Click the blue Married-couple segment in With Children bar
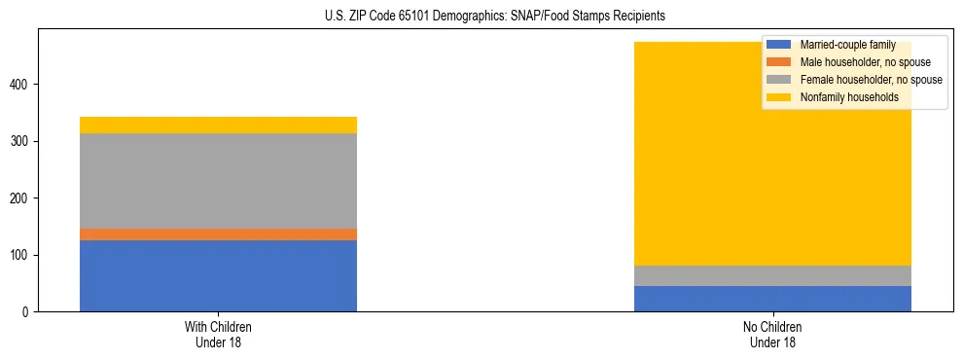[218, 275]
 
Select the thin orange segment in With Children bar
[218, 234]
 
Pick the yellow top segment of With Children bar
[218, 125]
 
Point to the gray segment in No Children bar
[772, 275]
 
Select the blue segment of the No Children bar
[772, 299]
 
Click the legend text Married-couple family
[847, 45]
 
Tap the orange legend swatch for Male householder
[778, 62]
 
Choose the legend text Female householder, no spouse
[871, 80]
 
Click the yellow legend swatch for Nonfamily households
[778, 97]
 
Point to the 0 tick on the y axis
[27, 312]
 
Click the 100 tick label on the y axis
[21, 256]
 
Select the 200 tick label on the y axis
[21, 198]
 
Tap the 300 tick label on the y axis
[21, 142]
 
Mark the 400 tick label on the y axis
[21, 86]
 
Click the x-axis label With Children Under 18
[218, 335]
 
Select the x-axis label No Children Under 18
[772, 335]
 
